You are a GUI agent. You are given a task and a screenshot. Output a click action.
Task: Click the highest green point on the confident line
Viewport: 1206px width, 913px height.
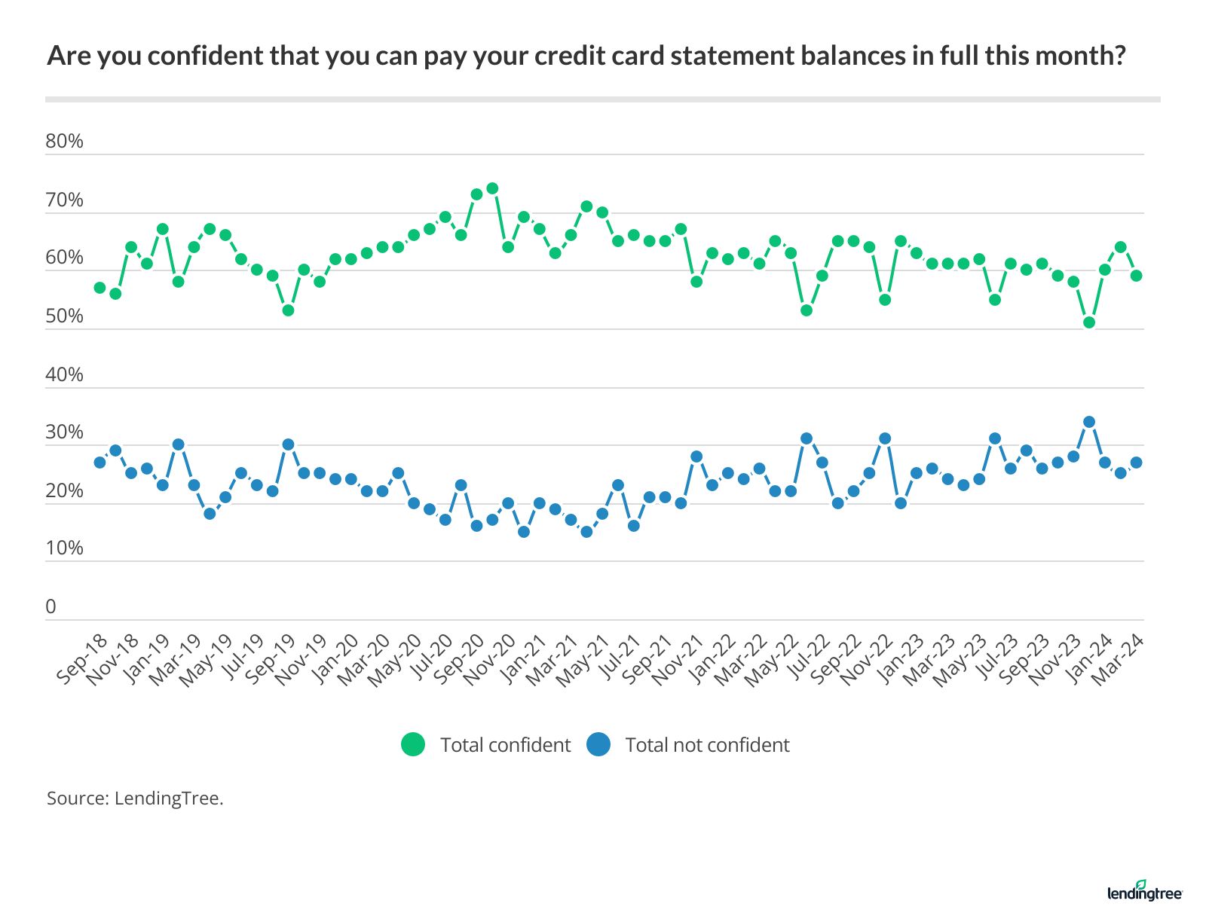coord(492,188)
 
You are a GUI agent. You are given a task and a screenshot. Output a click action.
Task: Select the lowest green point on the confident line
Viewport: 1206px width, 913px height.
coord(1088,322)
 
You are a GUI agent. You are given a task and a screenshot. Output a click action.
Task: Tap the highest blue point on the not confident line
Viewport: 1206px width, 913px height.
coord(1088,422)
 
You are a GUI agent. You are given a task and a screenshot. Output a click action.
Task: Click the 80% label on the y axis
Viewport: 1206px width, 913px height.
coord(64,142)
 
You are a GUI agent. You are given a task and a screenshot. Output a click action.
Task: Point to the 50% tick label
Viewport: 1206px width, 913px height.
coord(64,316)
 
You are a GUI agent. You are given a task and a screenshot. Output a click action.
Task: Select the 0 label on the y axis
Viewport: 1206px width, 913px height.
coord(51,607)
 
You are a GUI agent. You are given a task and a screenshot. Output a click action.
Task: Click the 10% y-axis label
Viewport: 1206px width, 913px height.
coord(64,548)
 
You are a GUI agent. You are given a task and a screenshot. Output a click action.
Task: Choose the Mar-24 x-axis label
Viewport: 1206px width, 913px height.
coord(1118,658)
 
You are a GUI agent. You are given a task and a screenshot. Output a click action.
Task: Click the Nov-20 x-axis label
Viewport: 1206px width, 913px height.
coord(490,658)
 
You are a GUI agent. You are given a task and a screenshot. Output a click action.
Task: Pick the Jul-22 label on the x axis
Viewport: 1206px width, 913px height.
coord(803,658)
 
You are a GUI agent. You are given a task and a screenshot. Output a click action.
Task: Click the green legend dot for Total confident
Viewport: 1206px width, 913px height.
coord(413,745)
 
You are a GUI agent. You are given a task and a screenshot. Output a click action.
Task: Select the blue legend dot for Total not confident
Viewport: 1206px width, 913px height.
coord(598,745)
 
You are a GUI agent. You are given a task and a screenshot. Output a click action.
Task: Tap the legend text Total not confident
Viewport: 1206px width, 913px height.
coord(707,745)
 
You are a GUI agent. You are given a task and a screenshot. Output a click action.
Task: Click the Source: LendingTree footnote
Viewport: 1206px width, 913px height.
coord(135,798)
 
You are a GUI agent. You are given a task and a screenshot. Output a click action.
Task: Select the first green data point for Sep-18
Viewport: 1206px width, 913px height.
coord(99,288)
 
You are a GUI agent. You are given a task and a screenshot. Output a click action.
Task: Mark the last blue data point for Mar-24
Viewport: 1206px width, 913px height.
coord(1136,463)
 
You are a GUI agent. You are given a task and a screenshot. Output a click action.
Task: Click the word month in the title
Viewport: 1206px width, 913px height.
coord(1082,56)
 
